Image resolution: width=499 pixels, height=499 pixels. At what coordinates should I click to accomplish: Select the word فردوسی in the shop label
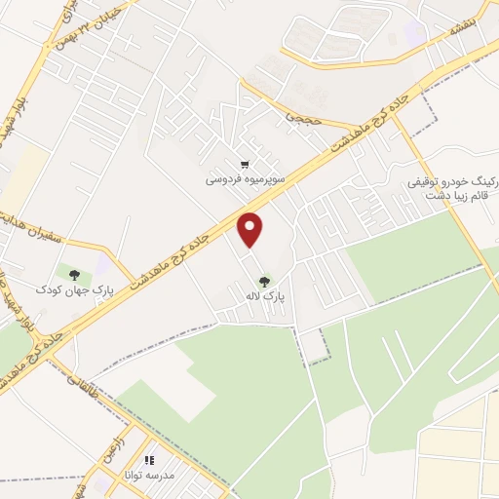click(221, 180)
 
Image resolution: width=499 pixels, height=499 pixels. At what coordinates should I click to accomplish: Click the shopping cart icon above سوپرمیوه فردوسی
click(244, 165)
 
